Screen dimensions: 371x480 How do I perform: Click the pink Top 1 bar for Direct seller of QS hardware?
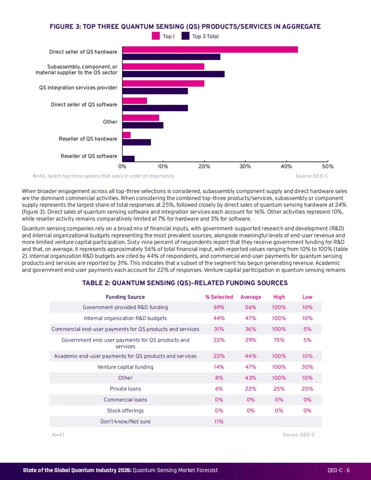tap(210, 50)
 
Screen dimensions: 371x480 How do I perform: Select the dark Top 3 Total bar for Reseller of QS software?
tap(128, 159)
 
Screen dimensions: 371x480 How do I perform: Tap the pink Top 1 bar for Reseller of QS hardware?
tap(127, 135)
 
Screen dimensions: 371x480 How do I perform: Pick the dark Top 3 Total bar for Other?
tap(143, 125)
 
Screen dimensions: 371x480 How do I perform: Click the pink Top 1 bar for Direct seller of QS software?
tap(135, 101)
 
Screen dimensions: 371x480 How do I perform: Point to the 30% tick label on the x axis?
tap(245, 167)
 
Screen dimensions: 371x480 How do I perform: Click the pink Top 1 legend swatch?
tap(156, 36)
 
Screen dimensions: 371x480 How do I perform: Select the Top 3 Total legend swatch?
tap(185, 36)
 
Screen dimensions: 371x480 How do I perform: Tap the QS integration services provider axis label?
tap(78, 88)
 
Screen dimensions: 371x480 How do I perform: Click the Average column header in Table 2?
tap(250, 297)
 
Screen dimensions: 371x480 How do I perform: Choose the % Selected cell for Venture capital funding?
tap(219, 367)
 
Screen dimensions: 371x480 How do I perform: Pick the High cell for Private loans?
tap(279, 389)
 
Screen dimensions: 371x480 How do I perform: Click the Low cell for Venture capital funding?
tap(307, 367)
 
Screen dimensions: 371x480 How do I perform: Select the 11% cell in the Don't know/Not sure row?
tap(219, 422)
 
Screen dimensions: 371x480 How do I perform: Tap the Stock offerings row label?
tap(125, 411)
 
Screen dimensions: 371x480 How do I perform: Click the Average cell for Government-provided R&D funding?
tap(250, 307)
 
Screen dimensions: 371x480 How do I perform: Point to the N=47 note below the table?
tap(58, 435)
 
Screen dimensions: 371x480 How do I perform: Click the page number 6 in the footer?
tap(348, 470)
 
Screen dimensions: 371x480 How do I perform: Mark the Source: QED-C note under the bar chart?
tap(312, 176)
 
